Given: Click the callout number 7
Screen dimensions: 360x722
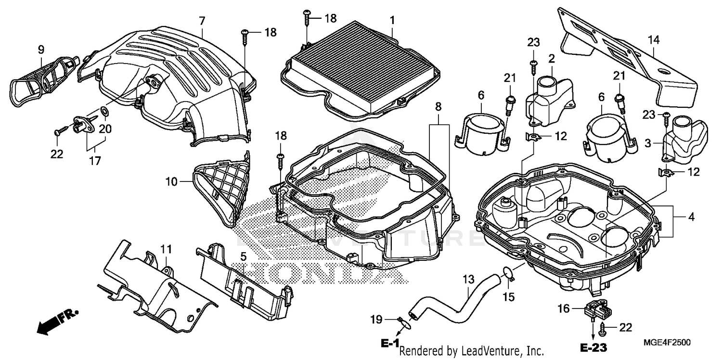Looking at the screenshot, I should coord(202,21).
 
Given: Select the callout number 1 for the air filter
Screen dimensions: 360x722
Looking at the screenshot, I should coord(392,20).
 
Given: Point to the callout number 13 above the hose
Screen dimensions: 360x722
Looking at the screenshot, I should coord(468,279).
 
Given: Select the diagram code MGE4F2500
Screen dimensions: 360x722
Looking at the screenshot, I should coord(667,342).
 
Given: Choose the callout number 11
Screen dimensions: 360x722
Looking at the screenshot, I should coord(166,249).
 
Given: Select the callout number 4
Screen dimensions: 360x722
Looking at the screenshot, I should coord(691,217).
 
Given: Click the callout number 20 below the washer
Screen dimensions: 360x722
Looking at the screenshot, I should coord(105,129).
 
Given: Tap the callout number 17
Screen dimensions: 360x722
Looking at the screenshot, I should coord(95,161).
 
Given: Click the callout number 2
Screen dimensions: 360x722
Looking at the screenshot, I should coord(551,59).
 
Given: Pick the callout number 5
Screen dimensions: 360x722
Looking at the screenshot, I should coord(244,256).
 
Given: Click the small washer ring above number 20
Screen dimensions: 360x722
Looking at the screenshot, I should coord(105,113).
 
